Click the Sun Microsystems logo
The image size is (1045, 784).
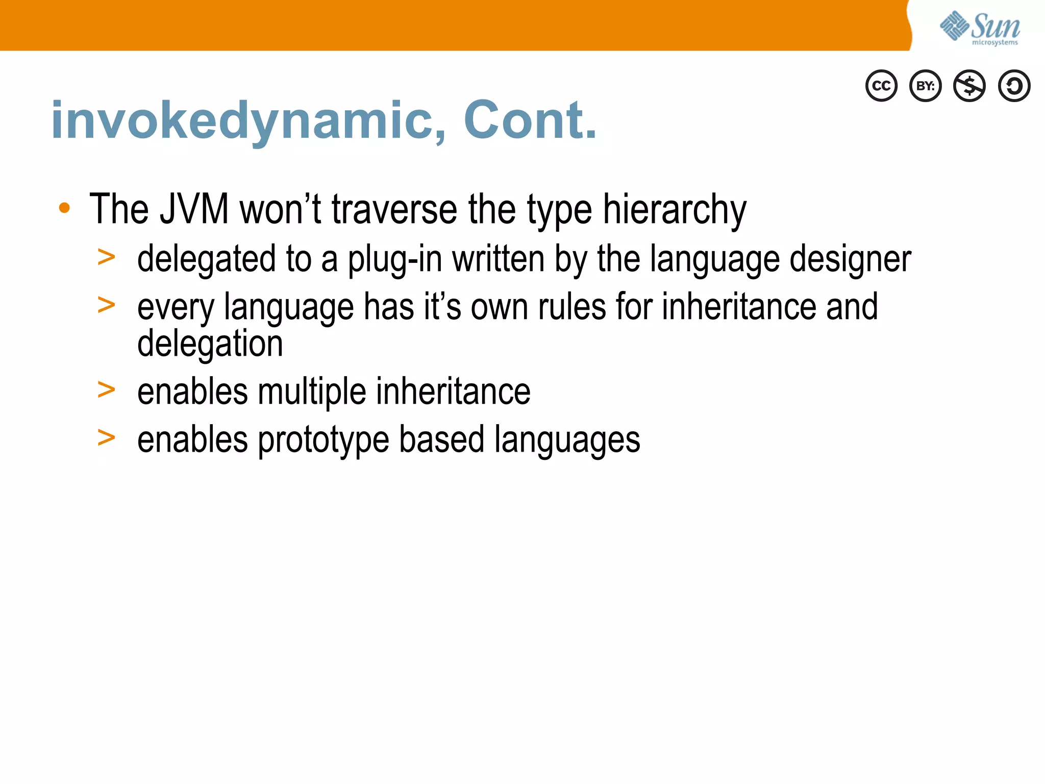[980, 28]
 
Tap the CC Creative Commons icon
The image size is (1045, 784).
[881, 86]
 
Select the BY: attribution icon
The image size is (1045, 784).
[926, 86]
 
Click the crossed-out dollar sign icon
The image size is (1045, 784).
[969, 86]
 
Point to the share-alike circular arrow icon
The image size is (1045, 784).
[1014, 86]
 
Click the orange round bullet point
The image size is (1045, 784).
[64, 208]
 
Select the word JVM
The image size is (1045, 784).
[194, 209]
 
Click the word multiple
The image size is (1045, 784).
[312, 392]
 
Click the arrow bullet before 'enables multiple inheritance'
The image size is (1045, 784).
[106, 390]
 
